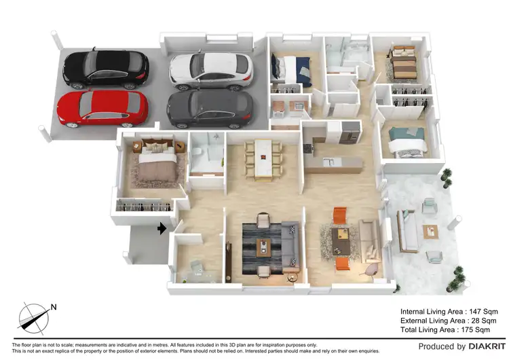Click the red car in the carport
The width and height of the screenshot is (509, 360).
pyautogui.click(x=102, y=108)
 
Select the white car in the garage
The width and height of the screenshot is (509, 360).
pyautogui.click(x=210, y=70)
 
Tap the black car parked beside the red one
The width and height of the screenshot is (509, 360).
pyautogui.click(x=105, y=69)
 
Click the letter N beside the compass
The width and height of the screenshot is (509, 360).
pyautogui.click(x=54, y=306)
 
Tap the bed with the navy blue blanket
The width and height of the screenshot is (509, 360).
pyautogui.click(x=293, y=69)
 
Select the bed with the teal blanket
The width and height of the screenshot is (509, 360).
pyautogui.click(x=407, y=141)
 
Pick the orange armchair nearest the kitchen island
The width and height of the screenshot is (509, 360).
pyautogui.click(x=339, y=215)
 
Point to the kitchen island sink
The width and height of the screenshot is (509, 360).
pyautogui.click(x=327, y=162)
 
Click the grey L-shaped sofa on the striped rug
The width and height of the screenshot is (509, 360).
pyautogui.click(x=288, y=242)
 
